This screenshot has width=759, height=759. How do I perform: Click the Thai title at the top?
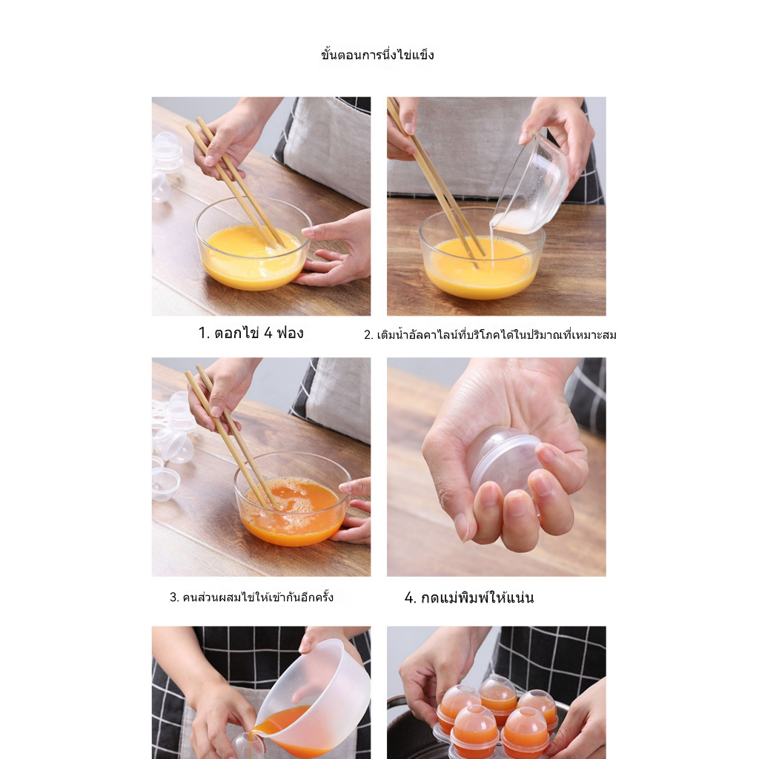(x=377, y=54)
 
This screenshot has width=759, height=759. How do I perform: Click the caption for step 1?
(x=251, y=333)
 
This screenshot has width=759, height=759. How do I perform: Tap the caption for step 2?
(x=490, y=334)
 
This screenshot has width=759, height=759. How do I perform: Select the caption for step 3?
(x=251, y=597)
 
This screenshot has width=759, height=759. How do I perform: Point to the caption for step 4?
(x=469, y=597)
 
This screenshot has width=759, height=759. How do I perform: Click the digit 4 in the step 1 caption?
(x=268, y=333)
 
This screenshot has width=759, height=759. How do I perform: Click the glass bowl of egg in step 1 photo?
(x=253, y=243)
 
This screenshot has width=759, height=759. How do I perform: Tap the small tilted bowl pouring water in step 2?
(x=529, y=185)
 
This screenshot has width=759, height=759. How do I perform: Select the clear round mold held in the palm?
(x=503, y=459)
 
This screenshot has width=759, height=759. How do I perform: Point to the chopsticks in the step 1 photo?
(x=236, y=182)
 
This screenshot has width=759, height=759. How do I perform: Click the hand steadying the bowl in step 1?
(x=334, y=249)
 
